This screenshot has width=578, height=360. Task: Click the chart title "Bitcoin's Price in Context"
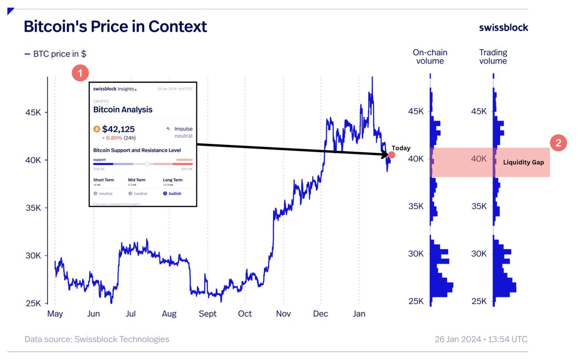click(115, 26)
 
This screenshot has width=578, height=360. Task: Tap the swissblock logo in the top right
click(503, 27)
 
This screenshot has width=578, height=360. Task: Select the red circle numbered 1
click(79, 73)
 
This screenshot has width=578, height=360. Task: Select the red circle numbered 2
click(558, 143)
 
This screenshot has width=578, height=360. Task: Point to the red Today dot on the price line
click(392, 155)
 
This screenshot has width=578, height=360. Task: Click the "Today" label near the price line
click(401, 148)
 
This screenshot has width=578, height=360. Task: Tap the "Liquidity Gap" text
click(523, 163)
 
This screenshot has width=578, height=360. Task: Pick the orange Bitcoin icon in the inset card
click(97, 129)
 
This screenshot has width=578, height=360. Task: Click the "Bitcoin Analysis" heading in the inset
click(123, 110)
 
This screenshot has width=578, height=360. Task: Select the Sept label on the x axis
click(207, 314)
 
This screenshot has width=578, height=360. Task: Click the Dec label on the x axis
click(320, 314)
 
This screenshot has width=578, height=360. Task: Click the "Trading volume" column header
click(493, 57)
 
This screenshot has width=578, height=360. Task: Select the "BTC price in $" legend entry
click(55, 54)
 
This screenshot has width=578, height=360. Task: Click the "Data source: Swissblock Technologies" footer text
click(97, 339)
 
